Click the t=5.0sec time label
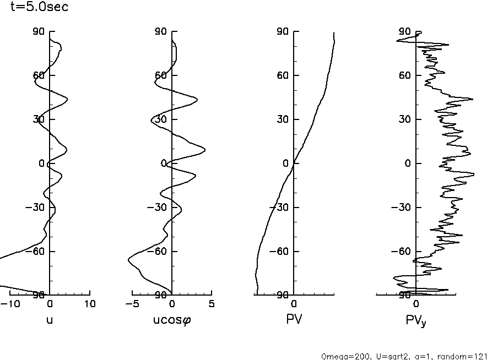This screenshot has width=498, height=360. [x=39, y=8]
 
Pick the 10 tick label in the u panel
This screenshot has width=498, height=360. [x=90, y=304]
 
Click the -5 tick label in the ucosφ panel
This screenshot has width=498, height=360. [x=132, y=304]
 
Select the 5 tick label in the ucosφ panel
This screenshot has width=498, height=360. [x=212, y=304]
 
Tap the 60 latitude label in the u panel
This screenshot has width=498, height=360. [x=38, y=75]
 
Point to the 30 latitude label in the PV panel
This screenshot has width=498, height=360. [x=283, y=119]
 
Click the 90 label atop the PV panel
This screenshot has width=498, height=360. [x=283, y=31]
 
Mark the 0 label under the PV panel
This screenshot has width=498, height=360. [x=294, y=304]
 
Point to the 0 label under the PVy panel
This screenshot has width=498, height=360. [x=416, y=304]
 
